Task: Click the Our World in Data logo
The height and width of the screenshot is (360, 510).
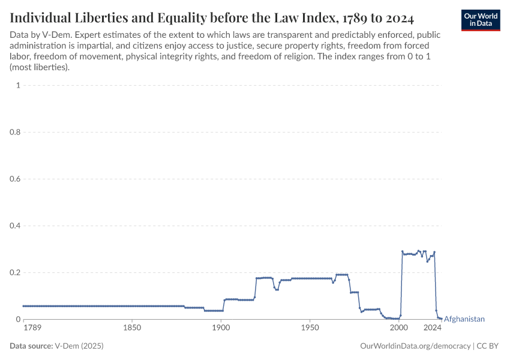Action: pyautogui.click(x=480, y=19)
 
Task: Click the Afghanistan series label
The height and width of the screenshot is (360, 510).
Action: pyautogui.click(x=464, y=319)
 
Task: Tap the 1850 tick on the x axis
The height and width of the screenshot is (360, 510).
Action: pyautogui.click(x=132, y=328)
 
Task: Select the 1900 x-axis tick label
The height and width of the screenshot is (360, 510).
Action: pyautogui.click(x=221, y=328)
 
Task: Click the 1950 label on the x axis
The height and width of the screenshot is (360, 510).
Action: pyautogui.click(x=310, y=328)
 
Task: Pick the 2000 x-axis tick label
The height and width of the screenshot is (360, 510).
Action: pyautogui.click(x=398, y=328)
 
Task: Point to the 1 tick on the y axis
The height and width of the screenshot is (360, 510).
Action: pyautogui.click(x=18, y=85)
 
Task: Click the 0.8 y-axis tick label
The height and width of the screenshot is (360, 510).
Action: pyautogui.click(x=15, y=132)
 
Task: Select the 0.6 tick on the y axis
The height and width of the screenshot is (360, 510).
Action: pyautogui.click(x=15, y=179)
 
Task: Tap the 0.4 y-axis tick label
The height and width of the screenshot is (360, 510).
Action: pyautogui.click(x=15, y=226)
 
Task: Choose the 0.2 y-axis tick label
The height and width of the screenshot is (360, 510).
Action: pyautogui.click(x=15, y=272)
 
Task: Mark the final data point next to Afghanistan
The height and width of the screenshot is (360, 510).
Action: pyautogui.click(x=441, y=319)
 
